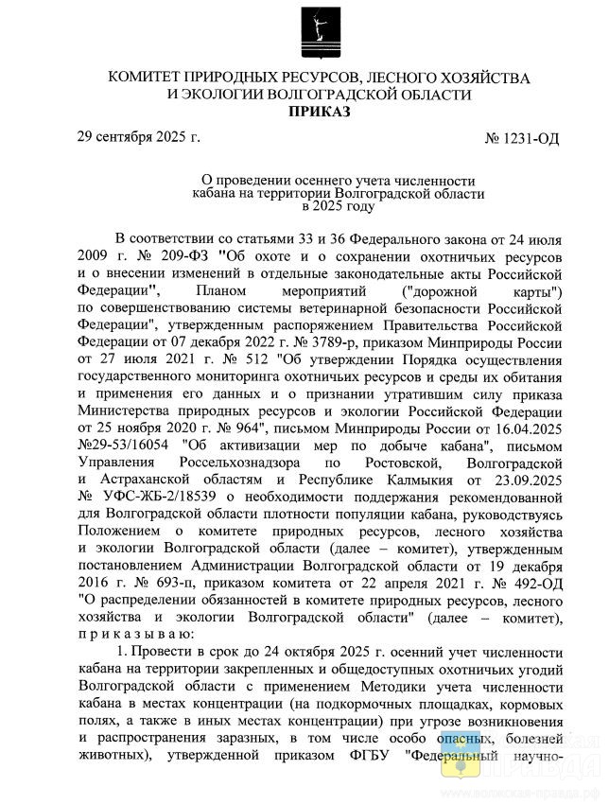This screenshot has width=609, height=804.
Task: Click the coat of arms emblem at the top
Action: pos(313,34)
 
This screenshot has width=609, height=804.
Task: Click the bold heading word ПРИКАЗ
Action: pos(317,113)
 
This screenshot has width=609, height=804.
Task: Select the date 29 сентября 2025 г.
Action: pos(138,137)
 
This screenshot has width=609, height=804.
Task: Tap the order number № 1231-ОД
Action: pos(522,139)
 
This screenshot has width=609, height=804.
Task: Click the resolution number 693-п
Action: pos(164,582)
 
